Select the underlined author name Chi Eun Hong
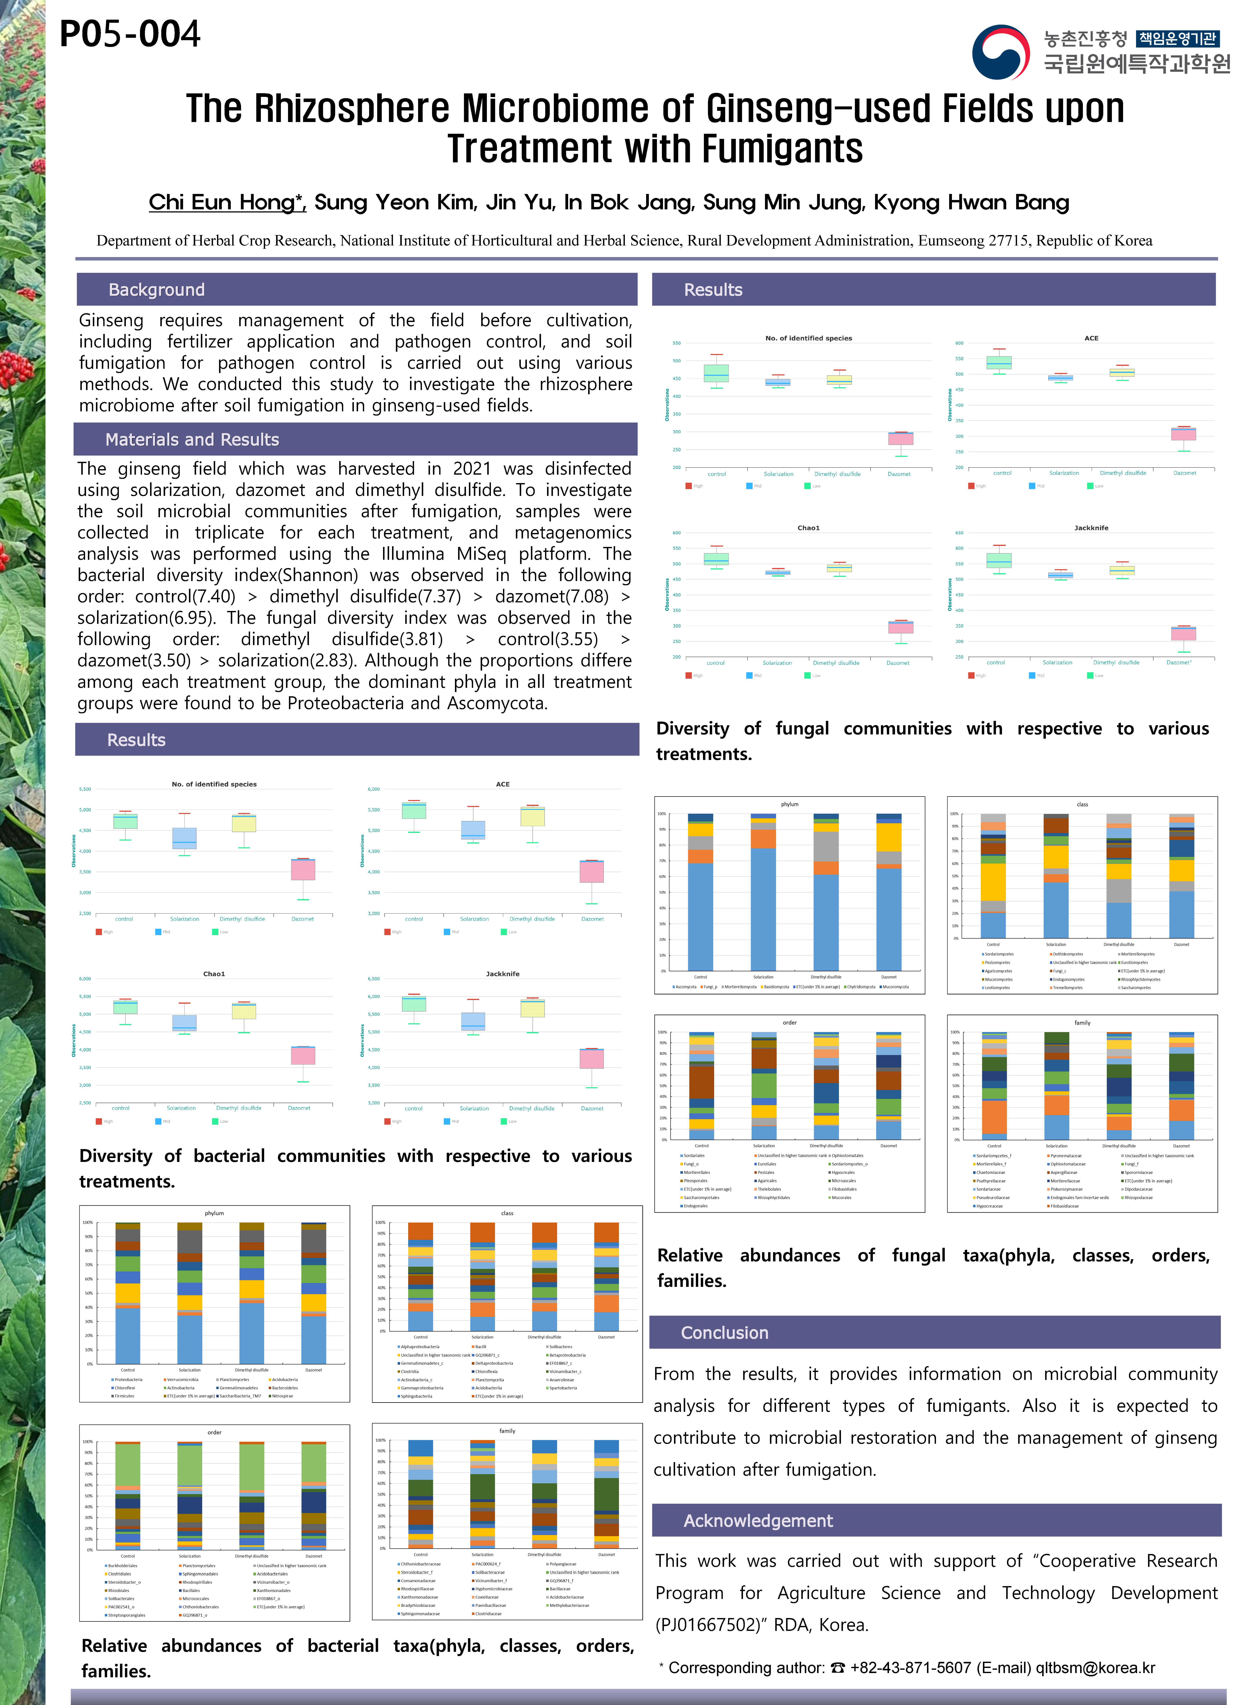pos(227,202)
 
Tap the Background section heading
pos(157,290)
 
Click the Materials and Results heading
pos(192,440)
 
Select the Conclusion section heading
pos(724,1333)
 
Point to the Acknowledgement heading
pos(758,1521)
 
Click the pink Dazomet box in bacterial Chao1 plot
pos(303,1055)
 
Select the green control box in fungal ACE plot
pos(999,362)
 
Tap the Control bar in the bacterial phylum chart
pos(128,1293)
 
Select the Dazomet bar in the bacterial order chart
pos(314,1496)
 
